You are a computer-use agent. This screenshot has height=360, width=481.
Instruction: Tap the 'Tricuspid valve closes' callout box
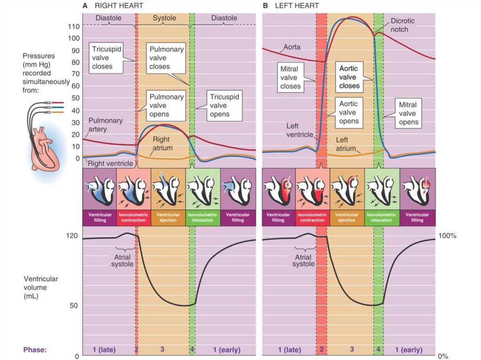coord(106,58)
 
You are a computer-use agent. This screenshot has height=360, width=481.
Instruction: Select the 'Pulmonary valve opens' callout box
coord(166,105)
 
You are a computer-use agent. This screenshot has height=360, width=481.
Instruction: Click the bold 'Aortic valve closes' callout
coord(349,77)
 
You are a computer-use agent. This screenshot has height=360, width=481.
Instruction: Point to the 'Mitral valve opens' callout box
coord(408,113)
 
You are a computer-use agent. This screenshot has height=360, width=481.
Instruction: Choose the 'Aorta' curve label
coord(292,47)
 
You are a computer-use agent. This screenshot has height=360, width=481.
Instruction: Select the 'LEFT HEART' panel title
coord(297,6)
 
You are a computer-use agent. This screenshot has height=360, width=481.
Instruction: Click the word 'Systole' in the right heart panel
coord(164,18)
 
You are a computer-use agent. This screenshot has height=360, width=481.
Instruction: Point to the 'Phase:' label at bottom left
coord(34,350)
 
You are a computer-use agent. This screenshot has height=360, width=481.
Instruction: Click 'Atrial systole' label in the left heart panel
coord(303,260)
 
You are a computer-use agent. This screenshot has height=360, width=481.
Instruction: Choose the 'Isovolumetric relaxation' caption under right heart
coord(203,217)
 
